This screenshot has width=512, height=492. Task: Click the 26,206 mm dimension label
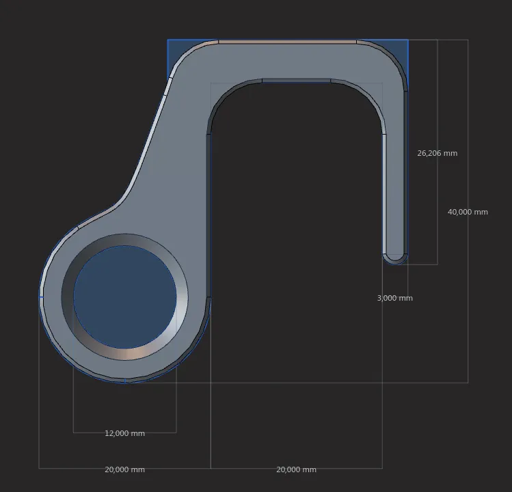(437, 153)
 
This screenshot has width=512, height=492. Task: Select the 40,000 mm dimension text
(468, 212)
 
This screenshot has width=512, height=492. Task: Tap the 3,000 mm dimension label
(394, 298)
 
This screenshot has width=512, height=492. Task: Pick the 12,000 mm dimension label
(124, 433)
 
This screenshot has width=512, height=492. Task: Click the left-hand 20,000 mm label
(124, 469)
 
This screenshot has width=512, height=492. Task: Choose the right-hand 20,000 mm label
(296, 469)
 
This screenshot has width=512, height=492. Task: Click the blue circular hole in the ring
(124, 298)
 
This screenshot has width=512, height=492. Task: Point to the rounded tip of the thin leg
(395, 259)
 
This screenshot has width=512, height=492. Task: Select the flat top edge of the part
(287, 42)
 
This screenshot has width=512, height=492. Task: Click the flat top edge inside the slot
(296, 81)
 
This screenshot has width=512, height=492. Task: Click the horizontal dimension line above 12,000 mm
(124, 432)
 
